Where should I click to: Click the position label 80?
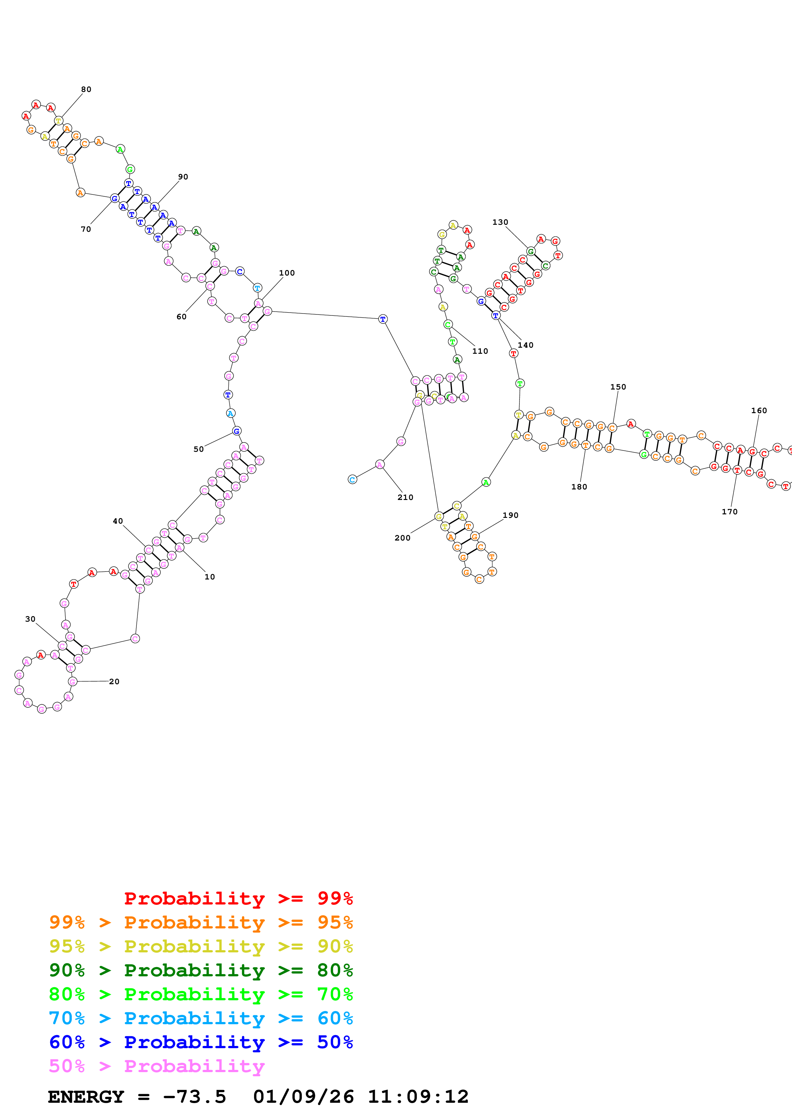pyautogui.click(x=86, y=89)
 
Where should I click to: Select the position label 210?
pyautogui.click(x=405, y=497)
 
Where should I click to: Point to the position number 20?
pyautogui.click(x=114, y=681)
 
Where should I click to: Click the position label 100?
pyautogui.click(x=287, y=273)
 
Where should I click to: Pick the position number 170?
pyautogui.click(x=729, y=511)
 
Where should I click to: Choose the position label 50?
pyautogui.click(x=199, y=449)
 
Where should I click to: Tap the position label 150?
pyautogui.click(x=618, y=387)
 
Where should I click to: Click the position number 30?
pyautogui.click(x=30, y=619)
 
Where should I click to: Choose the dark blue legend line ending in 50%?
pyautogui.click(x=201, y=1042)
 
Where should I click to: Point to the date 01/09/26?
pyautogui.click(x=303, y=1097)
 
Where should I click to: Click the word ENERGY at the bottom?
pyautogui.click(x=86, y=1097)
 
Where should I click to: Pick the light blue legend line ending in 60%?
pyautogui.click(x=201, y=1018)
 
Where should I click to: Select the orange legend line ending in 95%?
pyautogui.click(x=201, y=922)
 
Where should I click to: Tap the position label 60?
pyautogui.click(x=181, y=317)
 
